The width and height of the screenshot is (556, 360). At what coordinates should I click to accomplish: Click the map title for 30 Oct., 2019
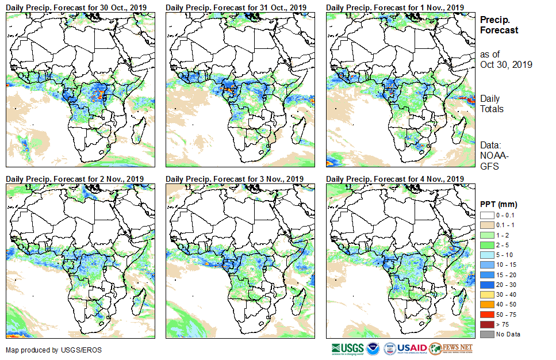[76, 7]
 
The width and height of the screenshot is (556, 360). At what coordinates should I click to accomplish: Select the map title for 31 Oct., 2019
[236, 7]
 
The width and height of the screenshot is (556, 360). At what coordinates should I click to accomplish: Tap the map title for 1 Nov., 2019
[395, 7]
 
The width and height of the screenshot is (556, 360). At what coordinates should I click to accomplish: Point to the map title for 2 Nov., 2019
[75, 179]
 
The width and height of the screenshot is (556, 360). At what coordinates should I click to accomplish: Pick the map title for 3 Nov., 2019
[235, 179]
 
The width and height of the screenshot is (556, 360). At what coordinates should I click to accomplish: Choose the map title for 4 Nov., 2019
[395, 179]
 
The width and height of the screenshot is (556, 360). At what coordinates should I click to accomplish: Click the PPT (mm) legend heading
[499, 204]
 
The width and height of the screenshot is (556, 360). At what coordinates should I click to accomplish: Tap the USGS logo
[347, 348]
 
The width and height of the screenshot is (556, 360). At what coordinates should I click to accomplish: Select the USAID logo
[406, 348]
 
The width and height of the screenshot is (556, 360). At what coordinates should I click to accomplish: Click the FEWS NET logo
[451, 348]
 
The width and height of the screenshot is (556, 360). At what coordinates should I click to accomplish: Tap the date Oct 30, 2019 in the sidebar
[506, 64]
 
